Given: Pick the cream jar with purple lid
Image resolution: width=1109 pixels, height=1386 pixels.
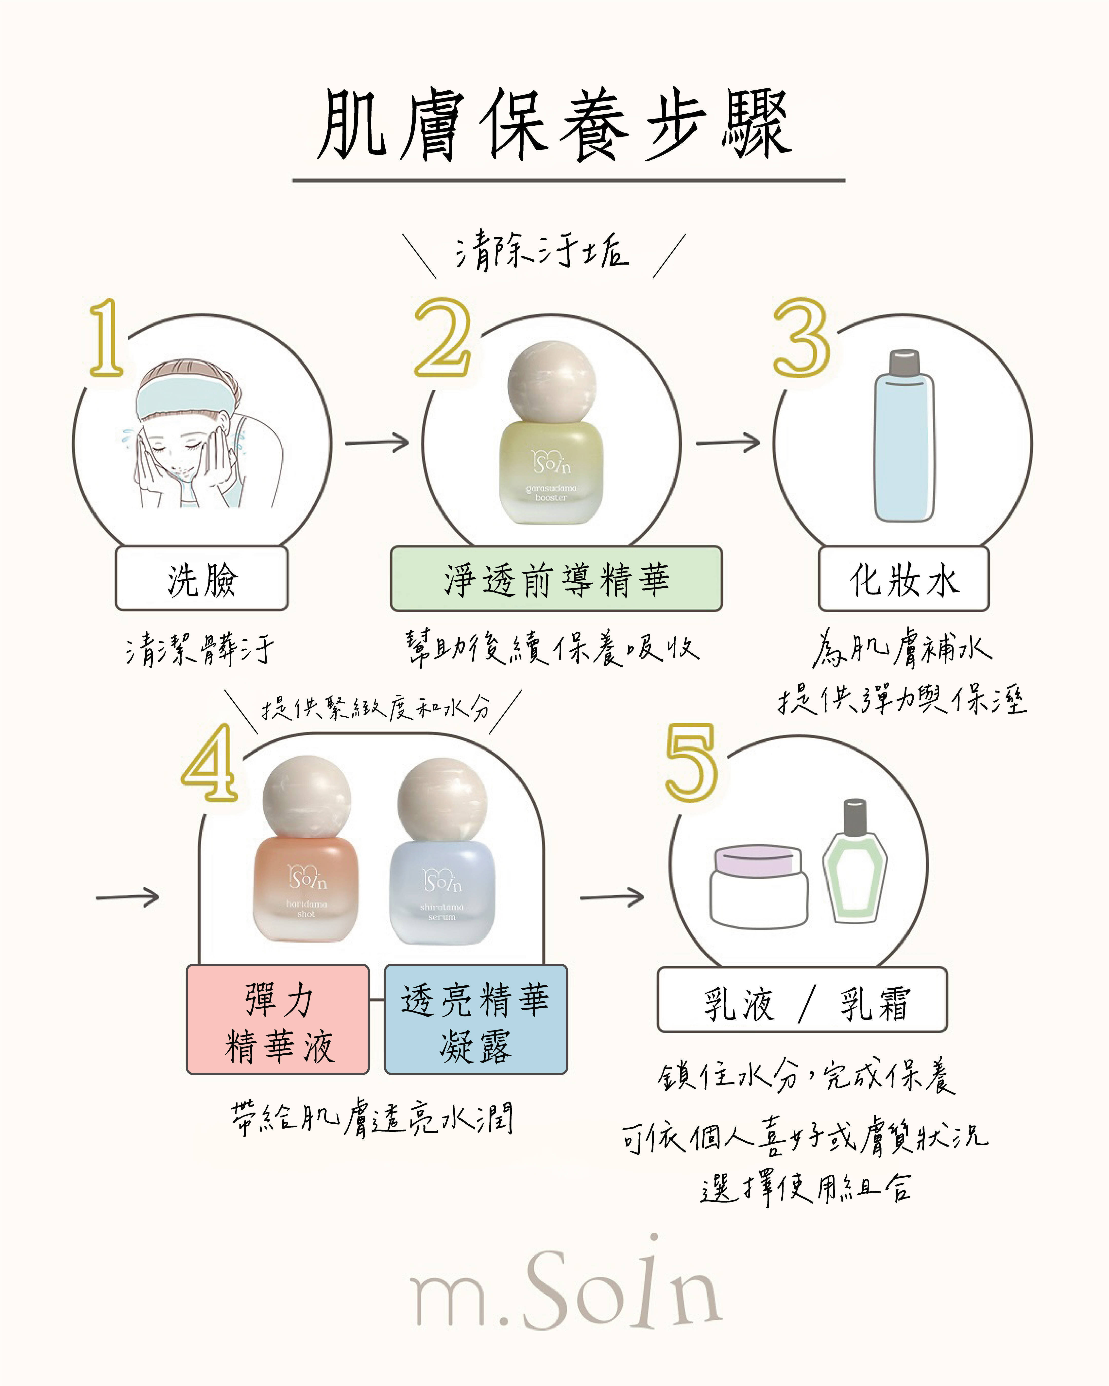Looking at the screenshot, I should pyautogui.click(x=759, y=886).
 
